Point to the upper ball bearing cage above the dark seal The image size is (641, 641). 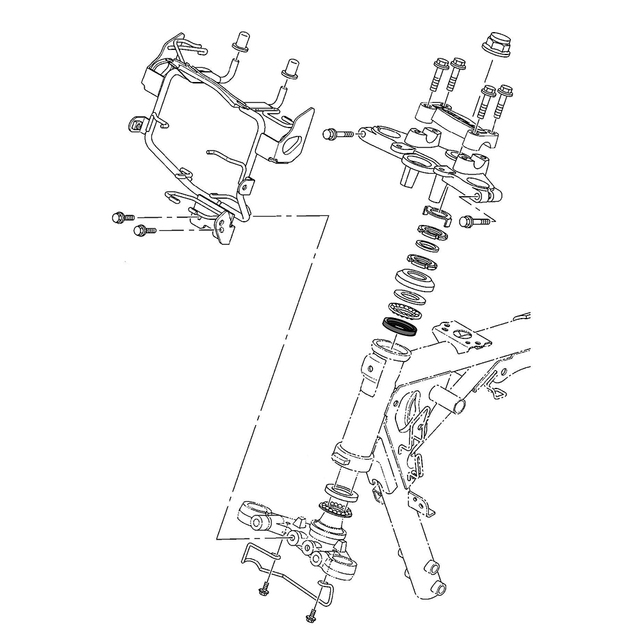point(404,310)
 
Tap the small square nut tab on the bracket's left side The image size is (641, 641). point(135,124)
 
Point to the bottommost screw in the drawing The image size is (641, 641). point(308,619)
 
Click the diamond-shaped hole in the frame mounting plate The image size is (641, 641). point(463,335)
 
